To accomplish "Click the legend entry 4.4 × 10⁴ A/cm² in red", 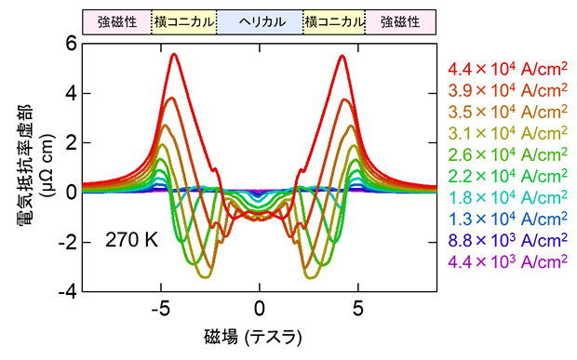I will (507, 69).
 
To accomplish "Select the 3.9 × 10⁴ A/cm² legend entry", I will (507, 90).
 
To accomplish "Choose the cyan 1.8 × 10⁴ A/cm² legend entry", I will (507, 197).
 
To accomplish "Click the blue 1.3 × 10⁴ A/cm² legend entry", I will (507, 219).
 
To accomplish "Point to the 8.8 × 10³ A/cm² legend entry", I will (507, 240).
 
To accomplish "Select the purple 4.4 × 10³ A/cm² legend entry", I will (507, 261).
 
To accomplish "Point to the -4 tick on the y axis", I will (66, 291).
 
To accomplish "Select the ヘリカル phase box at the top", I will (260, 20).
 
